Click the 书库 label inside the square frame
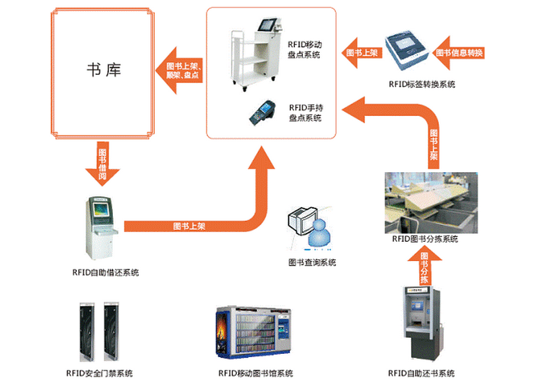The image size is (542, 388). coord(104,69)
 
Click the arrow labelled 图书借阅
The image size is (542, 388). coord(103,164)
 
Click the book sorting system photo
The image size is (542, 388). coord(430,202)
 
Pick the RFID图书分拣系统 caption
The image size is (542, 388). coord(425,239)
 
